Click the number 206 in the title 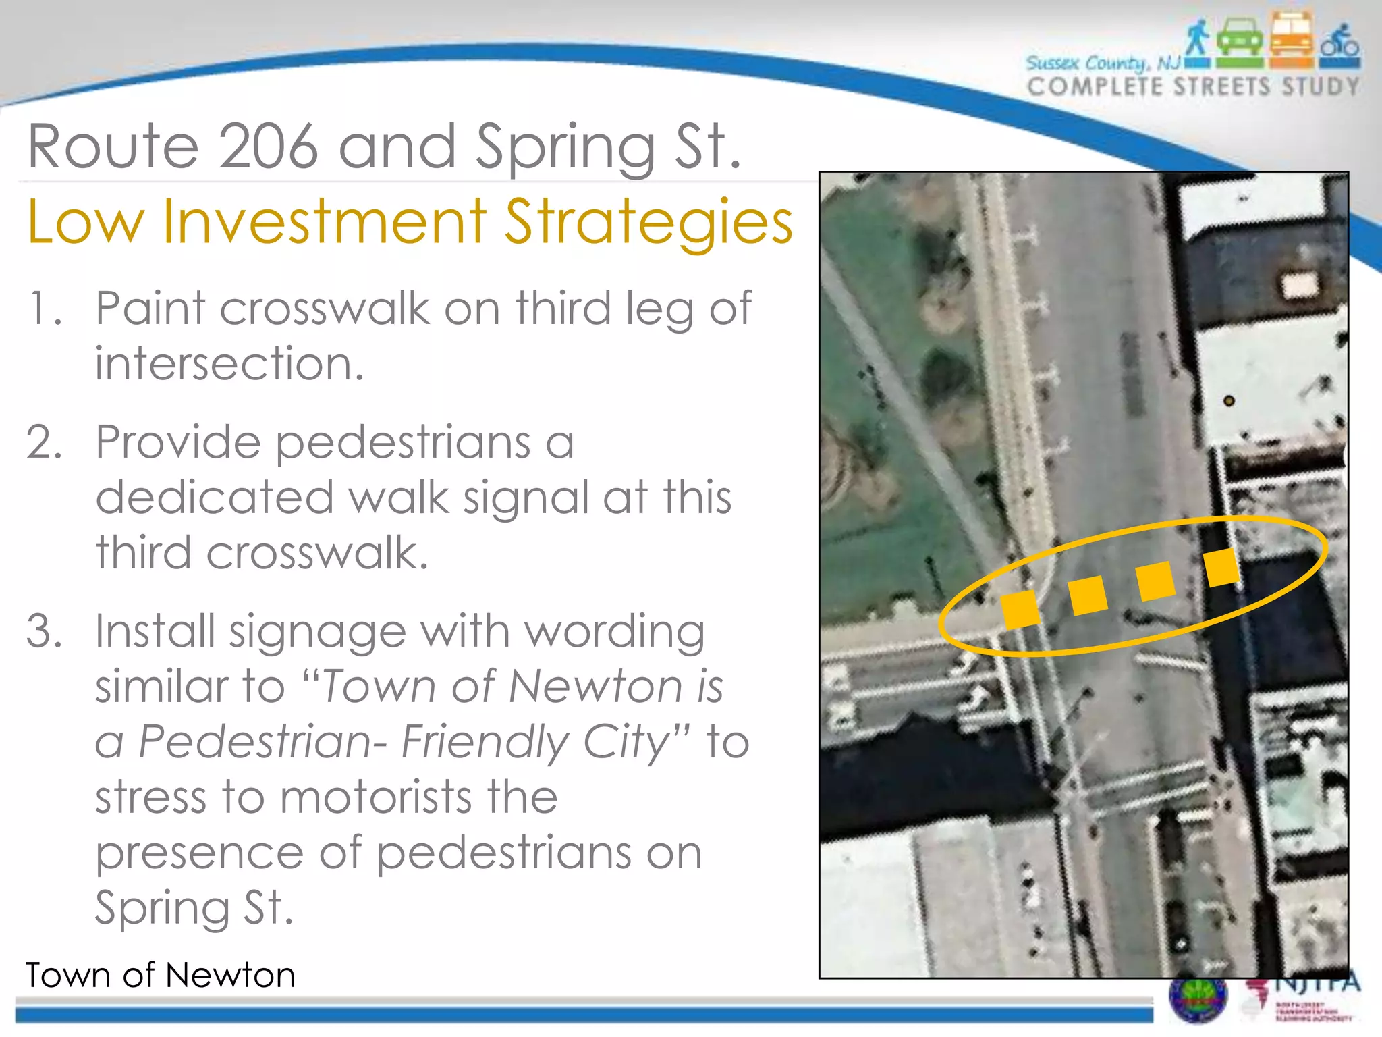[268, 147]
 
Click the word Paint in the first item [150, 309]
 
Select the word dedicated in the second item [215, 498]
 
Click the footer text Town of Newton [161, 975]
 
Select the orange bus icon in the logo [1292, 39]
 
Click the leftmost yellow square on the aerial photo [1020, 609]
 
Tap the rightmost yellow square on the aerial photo [1221, 567]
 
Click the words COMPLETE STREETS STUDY [1193, 87]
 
